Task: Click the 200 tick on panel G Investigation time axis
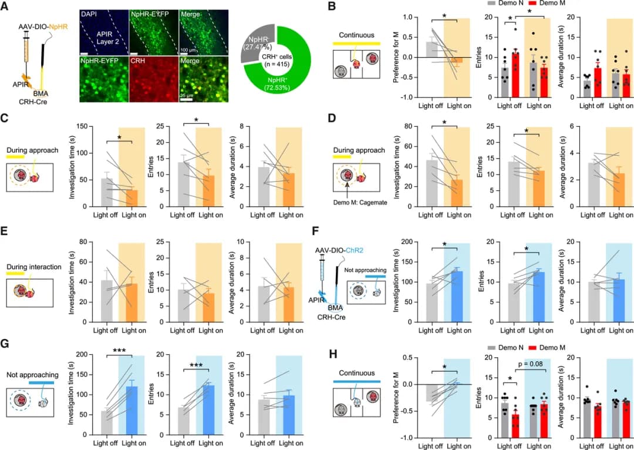pyautogui.click(x=80, y=355)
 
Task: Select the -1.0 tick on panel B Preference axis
pyautogui.click(x=403, y=98)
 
